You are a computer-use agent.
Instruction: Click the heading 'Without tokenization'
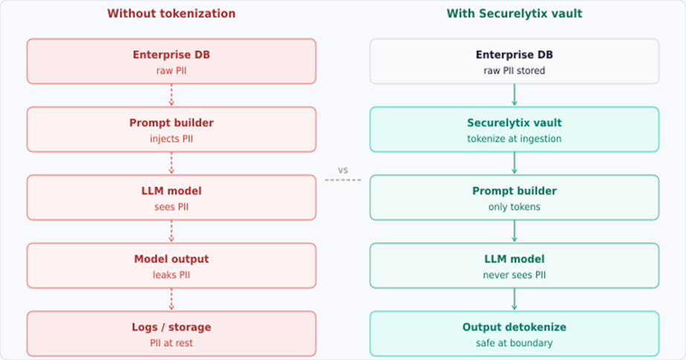pos(171,13)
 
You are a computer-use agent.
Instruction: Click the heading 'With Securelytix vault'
pos(514,13)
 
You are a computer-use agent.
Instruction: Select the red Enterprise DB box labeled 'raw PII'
pos(171,61)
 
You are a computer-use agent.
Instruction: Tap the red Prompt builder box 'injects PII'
pos(171,129)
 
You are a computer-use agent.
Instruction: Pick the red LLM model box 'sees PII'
pos(171,197)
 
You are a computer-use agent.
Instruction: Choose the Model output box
pos(171,266)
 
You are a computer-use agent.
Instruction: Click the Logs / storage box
pos(171,333)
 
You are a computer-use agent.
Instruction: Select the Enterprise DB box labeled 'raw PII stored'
pos(514,61)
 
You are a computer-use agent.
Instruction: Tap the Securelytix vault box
pos(514,129)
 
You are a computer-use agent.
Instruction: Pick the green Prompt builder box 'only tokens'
pos(514,197)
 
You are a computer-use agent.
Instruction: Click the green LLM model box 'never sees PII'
pos(514,266)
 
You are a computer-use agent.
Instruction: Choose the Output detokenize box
pos(514,333)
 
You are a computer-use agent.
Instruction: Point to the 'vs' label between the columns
pos(343,170)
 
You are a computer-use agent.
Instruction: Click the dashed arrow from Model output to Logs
pos(172,299)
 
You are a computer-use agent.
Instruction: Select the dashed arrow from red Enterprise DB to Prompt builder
pos(172,95)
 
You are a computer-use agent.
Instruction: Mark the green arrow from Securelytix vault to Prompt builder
pos(514,163)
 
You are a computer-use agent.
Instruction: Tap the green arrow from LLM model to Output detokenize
pos(514,299)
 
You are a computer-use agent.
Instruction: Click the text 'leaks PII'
pos(171,274)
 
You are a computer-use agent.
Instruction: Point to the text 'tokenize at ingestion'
pos(514,138)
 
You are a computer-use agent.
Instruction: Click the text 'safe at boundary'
pos(514,343)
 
